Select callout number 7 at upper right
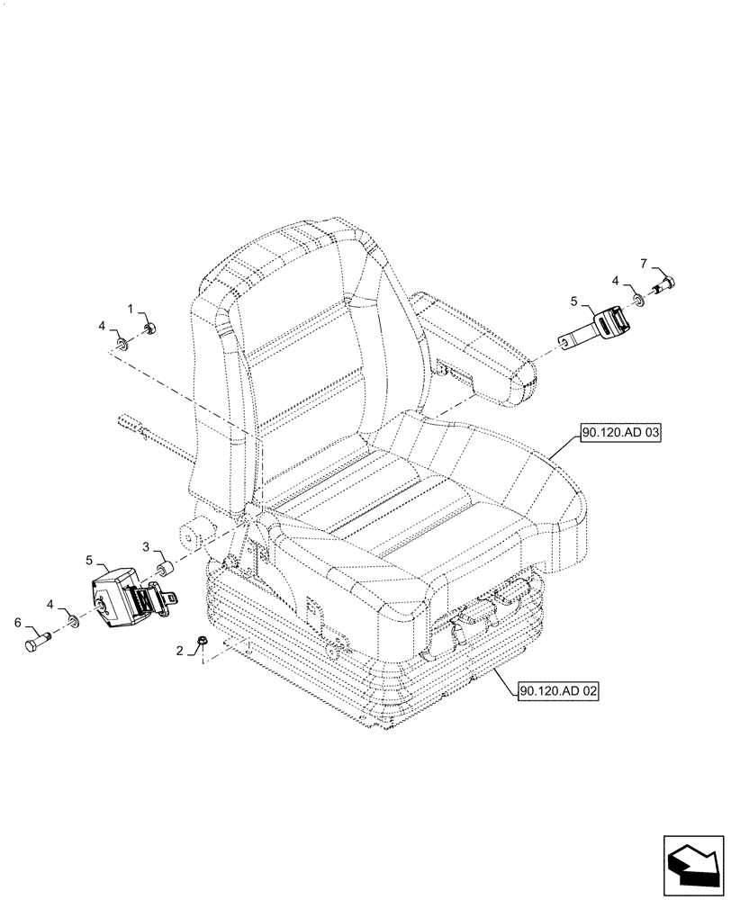[x=644, y=263]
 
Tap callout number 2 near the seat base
[x=180, y=650]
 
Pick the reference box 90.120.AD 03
[x=621, y=434]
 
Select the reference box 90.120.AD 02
[x=558, y=691]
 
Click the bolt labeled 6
[x=38, y=643]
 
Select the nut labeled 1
[x=150, y=328]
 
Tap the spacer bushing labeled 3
[x=165, y=571]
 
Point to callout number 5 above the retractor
[x=90, y=560]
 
